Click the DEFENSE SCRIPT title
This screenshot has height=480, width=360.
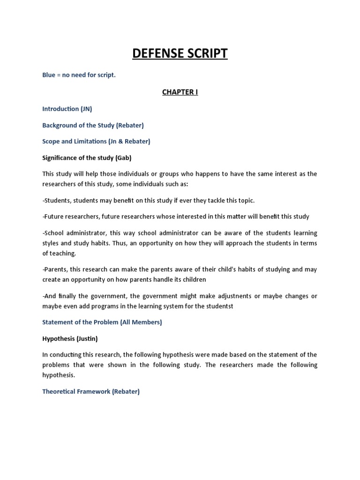coord(180,53)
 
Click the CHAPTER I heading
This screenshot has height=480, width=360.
coord(180,92)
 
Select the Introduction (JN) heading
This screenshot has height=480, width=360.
coord(67,109)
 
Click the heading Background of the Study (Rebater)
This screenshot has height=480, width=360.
coord(93,125)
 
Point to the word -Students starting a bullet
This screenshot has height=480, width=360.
coord(56,200)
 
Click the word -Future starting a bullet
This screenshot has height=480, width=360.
coord(53,217)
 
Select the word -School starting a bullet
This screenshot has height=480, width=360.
coord(53,233)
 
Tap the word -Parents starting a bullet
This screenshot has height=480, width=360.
coord(55,269)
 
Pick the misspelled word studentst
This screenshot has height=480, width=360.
coord(219,306)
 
